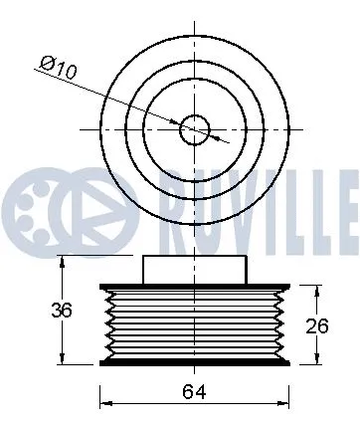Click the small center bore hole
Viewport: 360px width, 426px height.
pyautogui.click(x=194, y=128)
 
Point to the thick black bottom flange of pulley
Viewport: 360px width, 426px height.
pyautogui.click(x=194, y=363)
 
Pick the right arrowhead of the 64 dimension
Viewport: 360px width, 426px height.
pyautogui.click(x=285, y=402)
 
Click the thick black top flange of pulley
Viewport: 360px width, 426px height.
pyautogui.click(x=194, y=287)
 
